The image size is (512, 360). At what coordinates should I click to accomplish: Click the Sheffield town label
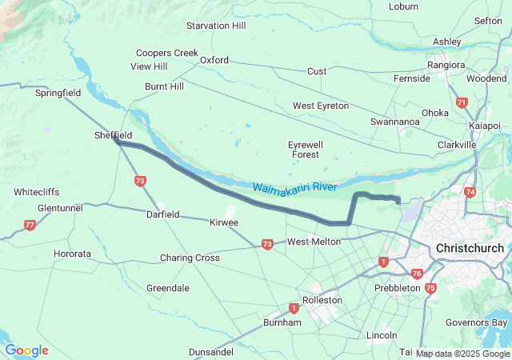coord(113,136)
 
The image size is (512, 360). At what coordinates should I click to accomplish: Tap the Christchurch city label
coord(470,248)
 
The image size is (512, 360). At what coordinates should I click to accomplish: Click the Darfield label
coord(162,214)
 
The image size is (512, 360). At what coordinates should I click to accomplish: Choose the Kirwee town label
coord(223,222)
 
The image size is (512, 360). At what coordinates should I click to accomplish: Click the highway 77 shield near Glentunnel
coord(30,225)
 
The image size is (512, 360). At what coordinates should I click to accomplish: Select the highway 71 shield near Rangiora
coord(461,102)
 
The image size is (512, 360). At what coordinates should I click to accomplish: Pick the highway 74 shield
coord(470,192)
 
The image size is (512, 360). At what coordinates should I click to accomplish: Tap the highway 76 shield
coord(417,274)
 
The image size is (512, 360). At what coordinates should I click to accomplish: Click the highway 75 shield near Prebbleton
coord(431,288)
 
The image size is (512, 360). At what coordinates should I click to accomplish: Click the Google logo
coord(27,350)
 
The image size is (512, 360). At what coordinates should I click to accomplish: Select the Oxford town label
coord(214,60)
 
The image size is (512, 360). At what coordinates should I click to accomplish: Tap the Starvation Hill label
coord(216,26)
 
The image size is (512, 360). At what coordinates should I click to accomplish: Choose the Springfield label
coord(58,93)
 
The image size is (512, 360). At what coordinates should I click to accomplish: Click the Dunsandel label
coord(212,352)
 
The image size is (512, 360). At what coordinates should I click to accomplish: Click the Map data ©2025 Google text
coord(462,354)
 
